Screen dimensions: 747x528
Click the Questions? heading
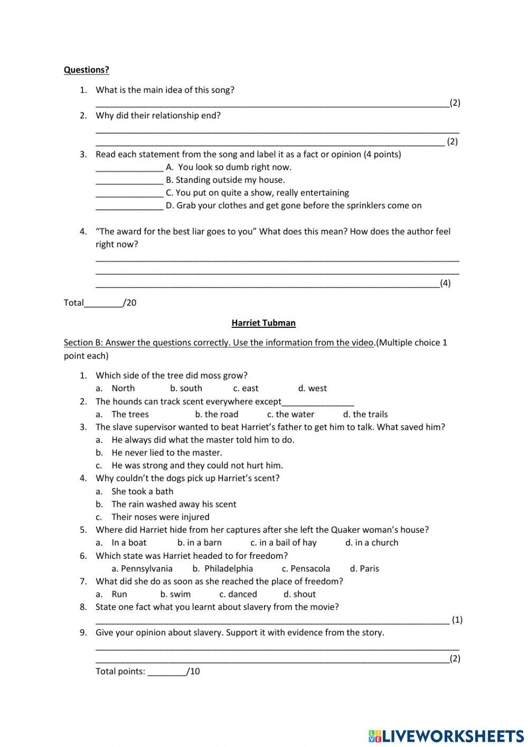pyautogui.click(x=86, y=70)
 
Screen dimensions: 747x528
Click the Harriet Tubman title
pyautogui.click(x=263, y=323)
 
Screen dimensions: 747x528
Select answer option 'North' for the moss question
pyautogui.click(x=122, y=389)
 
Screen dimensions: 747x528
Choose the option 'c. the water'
pyautogui.click(x=290, y=414)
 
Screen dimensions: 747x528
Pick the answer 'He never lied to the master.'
pyautogui.click(x=166, y=453)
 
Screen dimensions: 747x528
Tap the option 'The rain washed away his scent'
pyautogui.click(x=174, y=504)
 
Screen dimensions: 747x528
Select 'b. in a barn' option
pyautogui.click(x=199, y=543)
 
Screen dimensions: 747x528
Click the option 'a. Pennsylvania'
pyautogui.click(x=142, y=569)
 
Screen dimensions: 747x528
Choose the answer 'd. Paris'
pyautogui.click(x=364, y=569)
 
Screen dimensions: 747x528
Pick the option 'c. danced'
pyautogui.click(x=238, y=595)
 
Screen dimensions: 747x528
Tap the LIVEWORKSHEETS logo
pyautogui.click(x=446, y=735)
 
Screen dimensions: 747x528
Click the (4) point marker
pyautogui.click(x=445, y=283)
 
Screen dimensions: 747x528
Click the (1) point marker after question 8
pyautogui.click(x=457, y=620)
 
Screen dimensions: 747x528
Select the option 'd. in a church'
pyautogui.click(x=372, y=543)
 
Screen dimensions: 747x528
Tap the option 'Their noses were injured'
pyautogui.click(x=160, y=517)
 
